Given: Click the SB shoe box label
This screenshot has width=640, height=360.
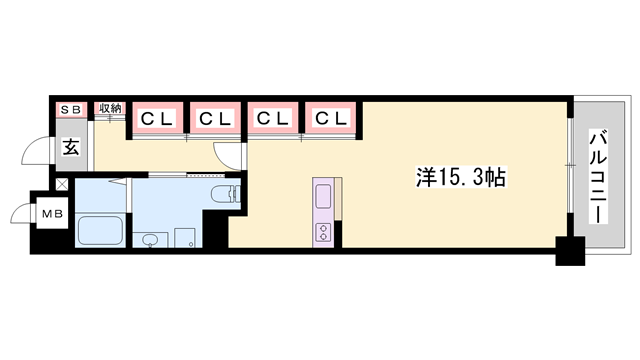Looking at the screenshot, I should [72, 108].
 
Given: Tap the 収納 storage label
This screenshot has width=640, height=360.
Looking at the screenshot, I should [110, 108].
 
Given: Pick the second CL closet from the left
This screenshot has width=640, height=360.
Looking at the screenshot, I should [214, 119].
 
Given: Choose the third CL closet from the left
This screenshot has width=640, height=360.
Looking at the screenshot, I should [273, 119].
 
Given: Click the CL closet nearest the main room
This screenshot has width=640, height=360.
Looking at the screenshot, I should [331, 119].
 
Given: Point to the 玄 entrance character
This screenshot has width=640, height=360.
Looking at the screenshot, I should [72, 148].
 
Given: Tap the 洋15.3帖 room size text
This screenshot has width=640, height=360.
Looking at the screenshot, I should [459, 178].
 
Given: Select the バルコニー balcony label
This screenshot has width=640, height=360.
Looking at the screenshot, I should [598, 176].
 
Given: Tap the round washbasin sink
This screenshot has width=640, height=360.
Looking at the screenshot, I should [150, 240].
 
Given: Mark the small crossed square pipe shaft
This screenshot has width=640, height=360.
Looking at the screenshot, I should [62, 184].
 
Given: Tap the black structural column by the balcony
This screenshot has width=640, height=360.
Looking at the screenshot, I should [569, 252].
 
